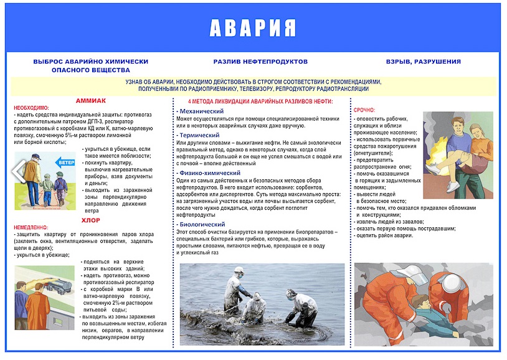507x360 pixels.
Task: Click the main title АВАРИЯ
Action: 252,27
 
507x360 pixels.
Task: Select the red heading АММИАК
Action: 91,100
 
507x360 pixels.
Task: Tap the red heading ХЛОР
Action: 91,220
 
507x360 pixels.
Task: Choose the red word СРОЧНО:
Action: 364,110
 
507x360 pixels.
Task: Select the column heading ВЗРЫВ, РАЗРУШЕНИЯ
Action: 424,62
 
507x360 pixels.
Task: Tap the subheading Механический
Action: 201,111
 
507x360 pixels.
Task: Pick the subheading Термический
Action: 199,135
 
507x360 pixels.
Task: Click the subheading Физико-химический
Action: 209,173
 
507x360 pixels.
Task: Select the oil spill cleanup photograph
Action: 262,304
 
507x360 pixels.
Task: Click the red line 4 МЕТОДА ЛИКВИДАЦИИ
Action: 260,101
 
